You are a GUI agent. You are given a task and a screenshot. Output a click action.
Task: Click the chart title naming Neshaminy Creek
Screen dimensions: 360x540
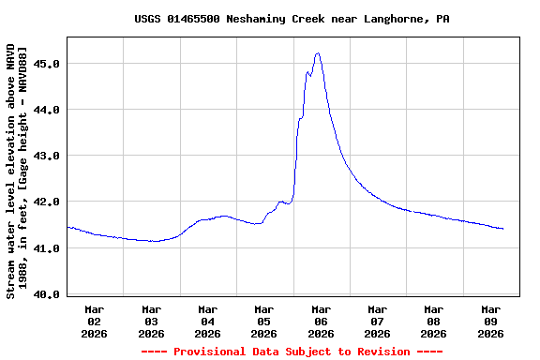[x=291, y=19]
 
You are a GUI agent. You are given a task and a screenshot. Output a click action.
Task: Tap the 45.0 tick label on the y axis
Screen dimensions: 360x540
[x=47, y=64]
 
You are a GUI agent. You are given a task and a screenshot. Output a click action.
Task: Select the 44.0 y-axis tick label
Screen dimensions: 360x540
[x=47, y=110]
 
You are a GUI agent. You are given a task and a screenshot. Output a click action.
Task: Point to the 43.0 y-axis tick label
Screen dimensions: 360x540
[x=47, y=156]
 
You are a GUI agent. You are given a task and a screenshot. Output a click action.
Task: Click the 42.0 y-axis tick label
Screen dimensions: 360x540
[x=47, y=202]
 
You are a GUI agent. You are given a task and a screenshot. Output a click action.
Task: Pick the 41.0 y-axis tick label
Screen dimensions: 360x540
[x=47, y=248]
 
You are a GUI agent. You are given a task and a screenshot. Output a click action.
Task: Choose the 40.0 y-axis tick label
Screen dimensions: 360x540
[x=47, y=294]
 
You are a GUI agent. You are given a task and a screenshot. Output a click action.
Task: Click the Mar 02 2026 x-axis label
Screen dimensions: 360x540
[x=95, y=321]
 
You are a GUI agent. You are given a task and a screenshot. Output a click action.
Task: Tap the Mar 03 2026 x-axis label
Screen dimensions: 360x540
[x=151, y=321]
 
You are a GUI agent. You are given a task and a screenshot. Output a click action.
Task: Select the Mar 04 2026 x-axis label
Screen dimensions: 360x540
[x=207, y=321]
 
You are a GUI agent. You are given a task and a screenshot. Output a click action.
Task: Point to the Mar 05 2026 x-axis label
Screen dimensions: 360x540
[x=264, y=321]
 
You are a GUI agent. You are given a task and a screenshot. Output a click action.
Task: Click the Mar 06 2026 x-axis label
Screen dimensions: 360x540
[x=321, y=321]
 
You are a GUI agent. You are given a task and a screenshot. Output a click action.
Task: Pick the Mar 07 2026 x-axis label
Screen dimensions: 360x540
[x=377, y=321]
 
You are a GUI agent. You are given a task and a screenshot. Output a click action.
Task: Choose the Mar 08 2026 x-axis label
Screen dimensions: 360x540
[x=433, y=321]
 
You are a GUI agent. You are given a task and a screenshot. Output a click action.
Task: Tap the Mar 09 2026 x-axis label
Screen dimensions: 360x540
[x=490, y=321]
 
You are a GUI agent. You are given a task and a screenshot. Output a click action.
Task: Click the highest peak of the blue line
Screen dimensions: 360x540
[x=318, y=53]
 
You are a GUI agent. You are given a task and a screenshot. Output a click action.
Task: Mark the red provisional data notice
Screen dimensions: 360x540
[x=292, y=352]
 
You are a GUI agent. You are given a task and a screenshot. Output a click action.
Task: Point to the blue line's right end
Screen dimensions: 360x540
[x=503, y=229]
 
